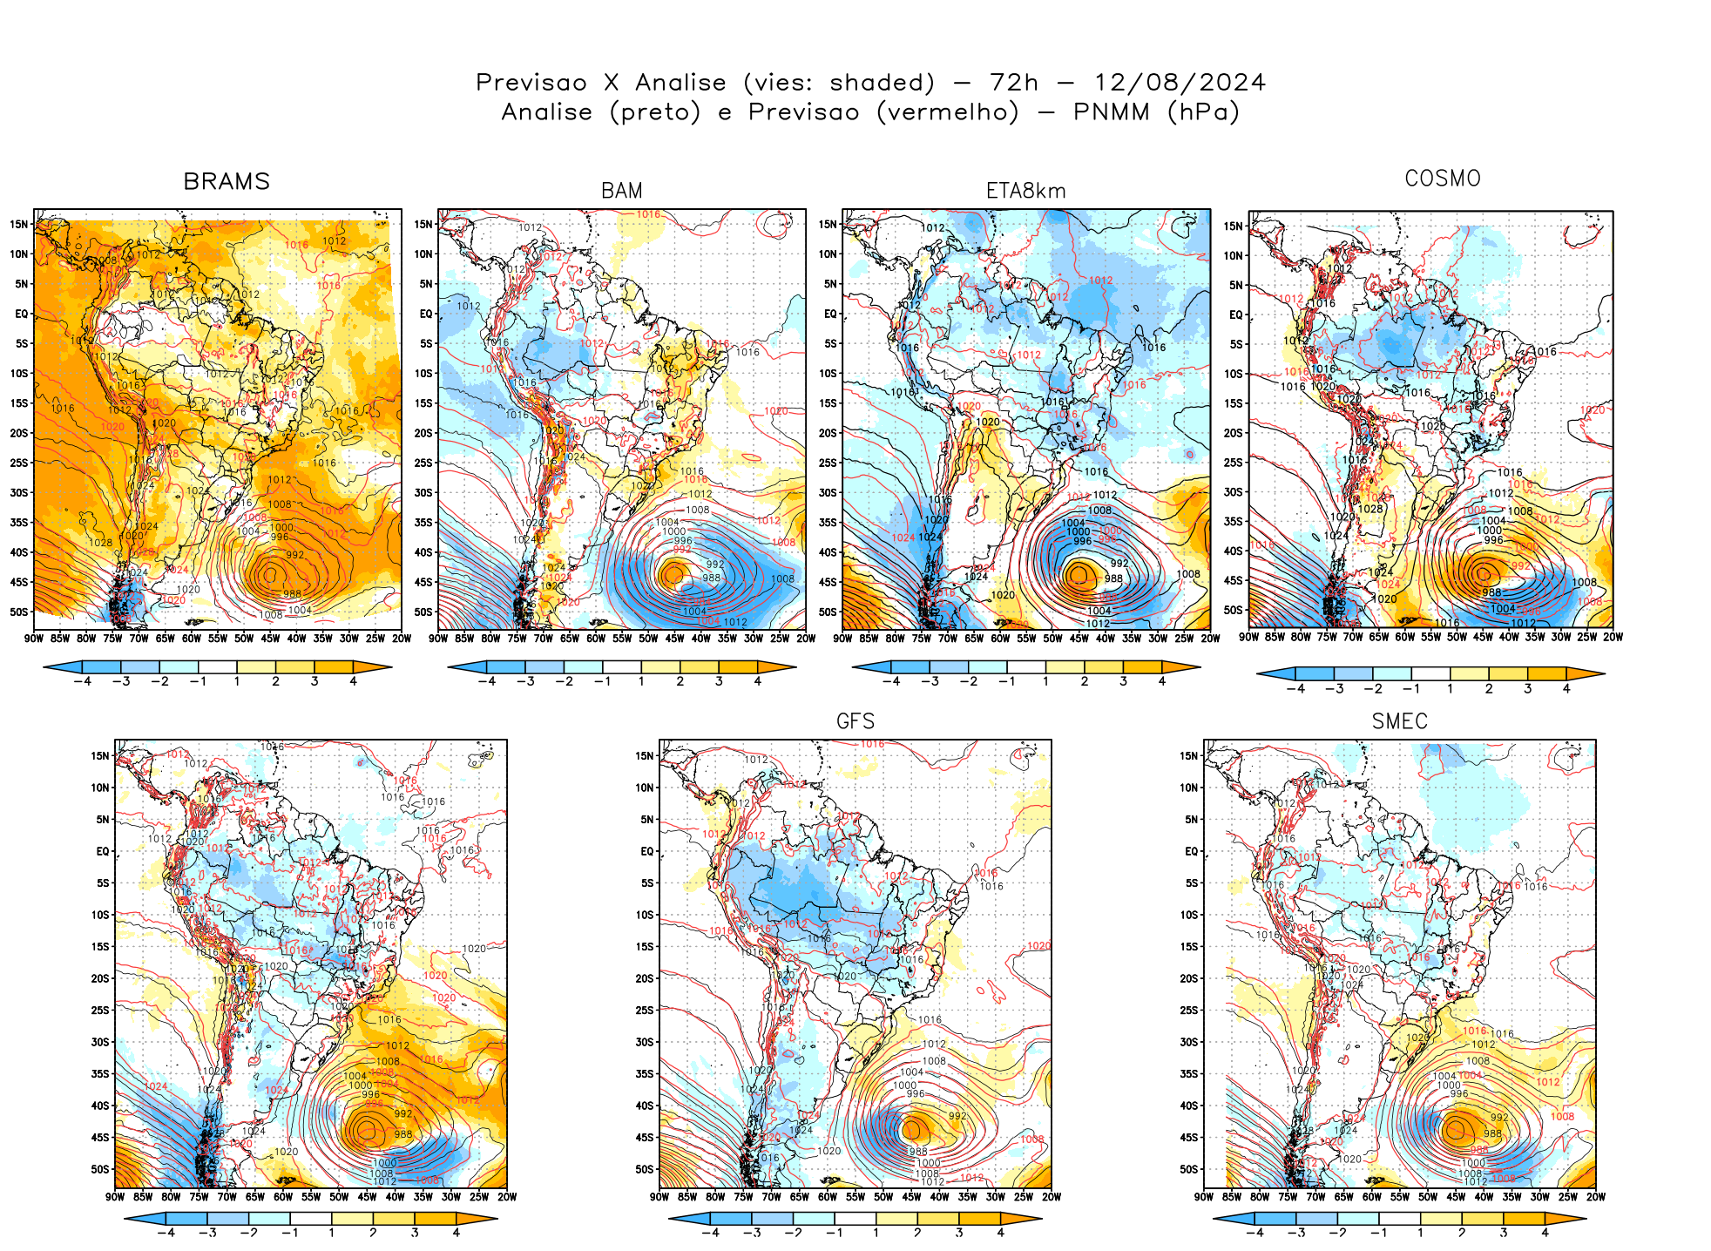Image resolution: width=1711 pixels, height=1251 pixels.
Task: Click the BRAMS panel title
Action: pos(227,181)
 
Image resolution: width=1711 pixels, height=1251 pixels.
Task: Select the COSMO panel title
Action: pos(1443,179)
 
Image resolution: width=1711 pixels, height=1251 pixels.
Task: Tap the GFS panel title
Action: pos(855,721)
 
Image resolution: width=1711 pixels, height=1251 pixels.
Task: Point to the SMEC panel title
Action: pos(1399,721)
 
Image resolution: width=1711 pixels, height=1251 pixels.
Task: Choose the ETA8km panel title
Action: pos(1025,191)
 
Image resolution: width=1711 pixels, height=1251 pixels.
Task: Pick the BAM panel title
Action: pos(621,191)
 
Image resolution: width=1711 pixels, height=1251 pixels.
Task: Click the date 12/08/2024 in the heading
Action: pos(1180,83)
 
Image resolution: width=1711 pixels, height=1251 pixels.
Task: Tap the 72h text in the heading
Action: pos(1014,83)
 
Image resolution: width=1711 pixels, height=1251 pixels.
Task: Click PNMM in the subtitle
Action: pos(1111,112)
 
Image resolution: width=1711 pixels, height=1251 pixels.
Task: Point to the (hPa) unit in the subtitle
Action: pos(1203,112)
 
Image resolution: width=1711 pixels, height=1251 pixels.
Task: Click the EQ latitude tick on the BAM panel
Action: pos(426,314)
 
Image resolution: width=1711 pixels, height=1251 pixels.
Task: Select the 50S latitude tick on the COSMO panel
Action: pos(1233,610)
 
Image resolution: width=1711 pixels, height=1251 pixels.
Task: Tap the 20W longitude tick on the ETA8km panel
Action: pos(1210,639)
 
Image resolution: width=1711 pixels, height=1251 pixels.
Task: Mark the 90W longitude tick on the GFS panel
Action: pos(659,1197)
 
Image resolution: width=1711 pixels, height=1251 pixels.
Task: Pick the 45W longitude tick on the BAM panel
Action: pos(674,639)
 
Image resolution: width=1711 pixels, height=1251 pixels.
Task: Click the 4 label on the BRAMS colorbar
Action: pos(353,681)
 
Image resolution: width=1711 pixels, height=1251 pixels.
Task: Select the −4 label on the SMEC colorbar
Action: pos(1255,1233)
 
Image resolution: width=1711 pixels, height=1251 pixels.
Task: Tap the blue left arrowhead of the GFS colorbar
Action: pos(680,1219)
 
